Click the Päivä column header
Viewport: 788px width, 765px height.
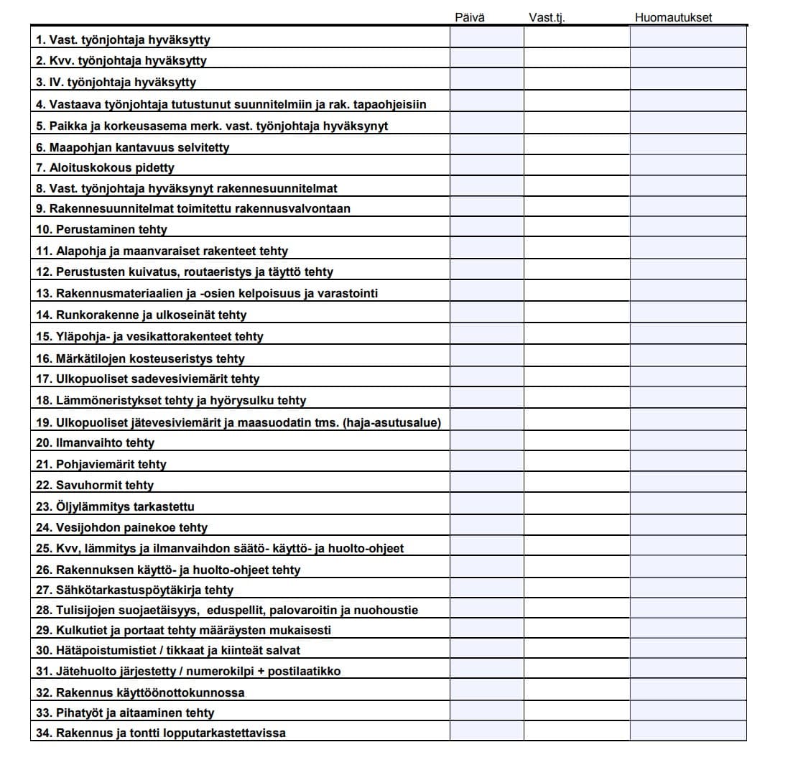470,17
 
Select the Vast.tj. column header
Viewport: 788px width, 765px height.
547,17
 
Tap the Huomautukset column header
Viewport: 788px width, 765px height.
673,17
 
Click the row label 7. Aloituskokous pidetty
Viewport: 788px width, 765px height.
105,167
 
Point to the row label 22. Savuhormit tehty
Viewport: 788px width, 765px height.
95,485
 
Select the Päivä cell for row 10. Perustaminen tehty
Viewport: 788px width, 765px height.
486,229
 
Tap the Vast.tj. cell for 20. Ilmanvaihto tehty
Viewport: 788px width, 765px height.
576,442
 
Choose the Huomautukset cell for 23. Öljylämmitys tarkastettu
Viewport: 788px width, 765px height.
688,506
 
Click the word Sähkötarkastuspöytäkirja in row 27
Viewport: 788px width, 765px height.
129,590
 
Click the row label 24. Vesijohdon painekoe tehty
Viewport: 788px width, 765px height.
121,527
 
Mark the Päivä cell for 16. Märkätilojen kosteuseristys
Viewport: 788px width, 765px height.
486,358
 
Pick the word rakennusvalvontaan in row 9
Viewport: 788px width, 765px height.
292,208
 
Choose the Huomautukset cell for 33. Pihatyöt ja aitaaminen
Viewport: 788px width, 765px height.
688,713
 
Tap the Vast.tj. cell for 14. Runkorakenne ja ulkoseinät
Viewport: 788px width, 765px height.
576,315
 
